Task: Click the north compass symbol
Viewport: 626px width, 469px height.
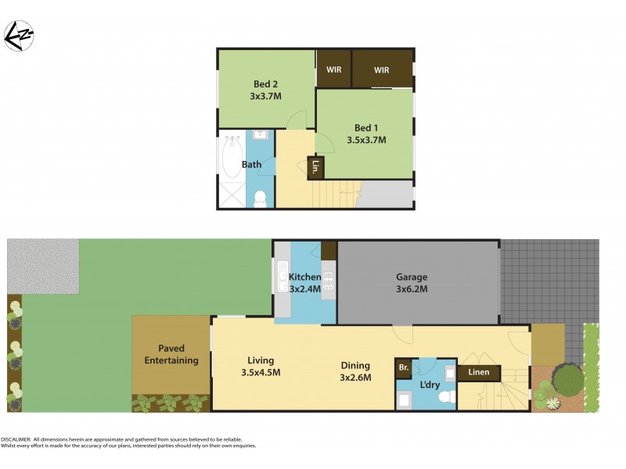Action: tap(18, 35)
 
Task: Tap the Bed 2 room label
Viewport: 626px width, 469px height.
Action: tap(265, 84)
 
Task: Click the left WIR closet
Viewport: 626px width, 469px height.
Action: tap(333, 70)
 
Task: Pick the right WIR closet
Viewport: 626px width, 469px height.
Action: tap(381, 70)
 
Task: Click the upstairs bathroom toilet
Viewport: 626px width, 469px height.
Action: tap(261, 199)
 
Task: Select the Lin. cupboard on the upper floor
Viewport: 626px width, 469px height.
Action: tap(315, 167)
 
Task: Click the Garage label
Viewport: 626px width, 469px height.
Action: tap(411, 277)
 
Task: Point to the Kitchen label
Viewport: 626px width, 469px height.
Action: tap(304, 277)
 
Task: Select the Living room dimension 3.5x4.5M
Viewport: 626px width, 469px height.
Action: tap(260, 372)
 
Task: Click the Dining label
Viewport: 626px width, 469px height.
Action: tap(354, 364)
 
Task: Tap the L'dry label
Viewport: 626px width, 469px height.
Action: tap(430, 385)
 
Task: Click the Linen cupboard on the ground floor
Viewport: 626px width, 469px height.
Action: tap(479, 372)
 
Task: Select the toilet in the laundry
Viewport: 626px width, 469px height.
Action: tap(447, 397)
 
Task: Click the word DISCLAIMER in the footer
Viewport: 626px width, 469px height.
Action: tap(18, 440)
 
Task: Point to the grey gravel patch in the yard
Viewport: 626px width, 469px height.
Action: tap(43, 267)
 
